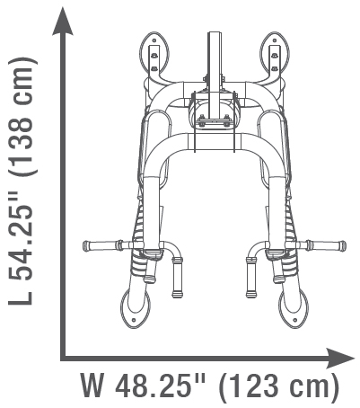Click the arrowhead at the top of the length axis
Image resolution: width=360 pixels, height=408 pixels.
point(63,22)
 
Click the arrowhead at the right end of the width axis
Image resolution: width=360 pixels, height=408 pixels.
point(340,358)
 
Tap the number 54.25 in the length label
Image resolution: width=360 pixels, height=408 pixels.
point(20,235)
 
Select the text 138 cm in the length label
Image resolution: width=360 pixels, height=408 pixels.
point(20,117)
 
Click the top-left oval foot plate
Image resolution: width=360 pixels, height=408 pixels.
point(154,54)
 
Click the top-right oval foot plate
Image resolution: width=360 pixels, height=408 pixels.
point(274,54)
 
